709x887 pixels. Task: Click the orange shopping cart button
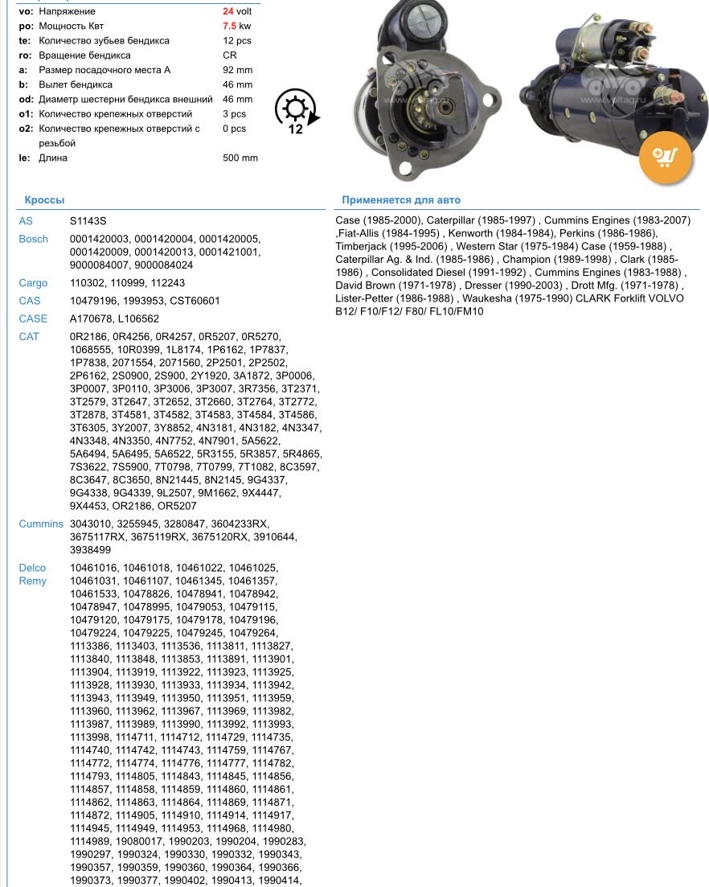click(665, 158)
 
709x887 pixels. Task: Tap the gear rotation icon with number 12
click(296, 112)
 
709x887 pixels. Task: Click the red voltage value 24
click(228, 12)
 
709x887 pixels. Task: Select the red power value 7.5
click(229, 27)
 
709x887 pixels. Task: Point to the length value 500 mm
click(240, 158)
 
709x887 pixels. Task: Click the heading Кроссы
click(44, 200)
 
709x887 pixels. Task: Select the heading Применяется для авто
click(401, 200)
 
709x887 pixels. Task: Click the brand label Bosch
click(33, 240)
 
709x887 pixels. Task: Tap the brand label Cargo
click(33, 283)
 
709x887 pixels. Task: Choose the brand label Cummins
click(40, 524)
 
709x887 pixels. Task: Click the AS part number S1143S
click(88, 221)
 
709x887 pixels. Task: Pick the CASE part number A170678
click(91, 318)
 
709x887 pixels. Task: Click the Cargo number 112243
click(167, 283)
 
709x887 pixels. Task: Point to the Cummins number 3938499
click(90, 550)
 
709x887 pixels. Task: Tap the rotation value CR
click(230, 55)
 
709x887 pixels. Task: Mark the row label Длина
click(53, 158)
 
